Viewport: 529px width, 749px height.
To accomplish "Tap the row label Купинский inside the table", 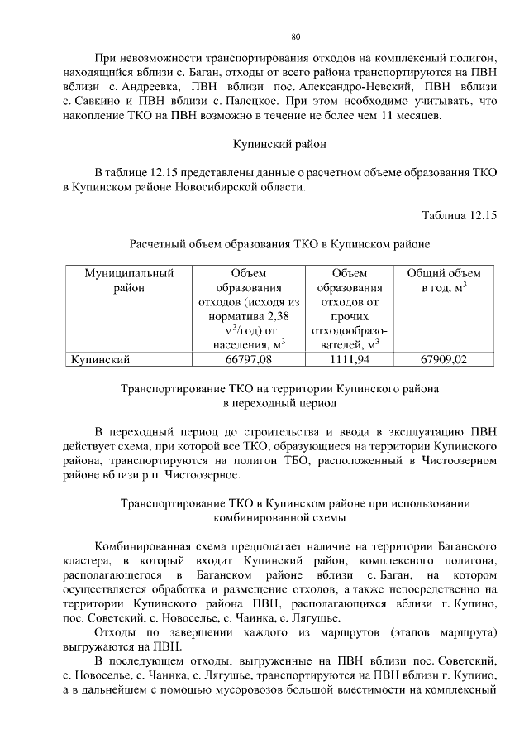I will pos(100,359).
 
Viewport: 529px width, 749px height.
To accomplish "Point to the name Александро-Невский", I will pos(330,86).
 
